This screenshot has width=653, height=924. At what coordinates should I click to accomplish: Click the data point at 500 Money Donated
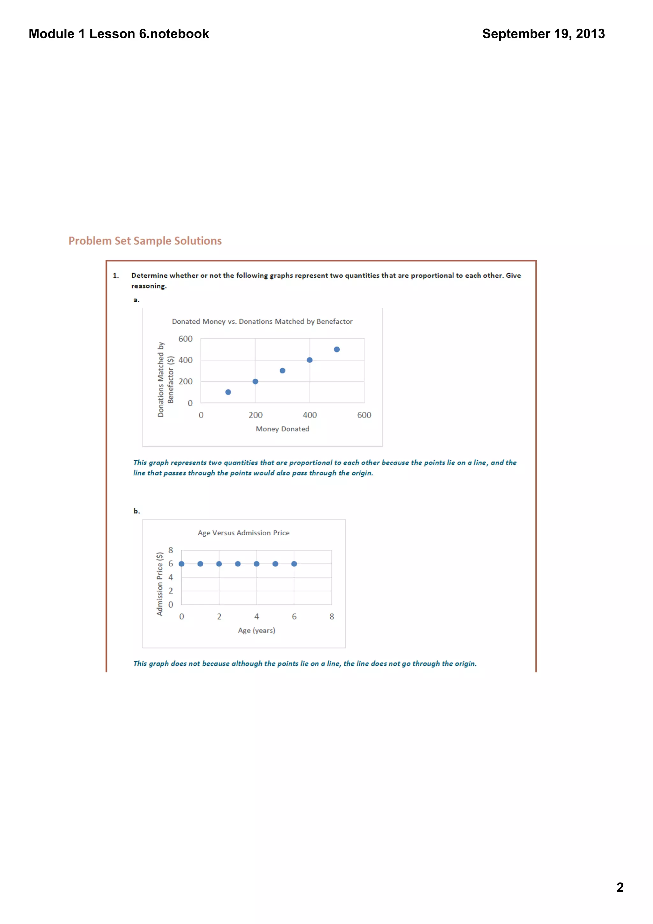point(337,349)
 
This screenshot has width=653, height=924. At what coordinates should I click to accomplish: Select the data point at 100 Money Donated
point(228,392)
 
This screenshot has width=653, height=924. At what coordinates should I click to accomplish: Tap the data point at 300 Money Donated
point(282,370)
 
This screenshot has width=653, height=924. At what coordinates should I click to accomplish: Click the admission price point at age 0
point(181,564)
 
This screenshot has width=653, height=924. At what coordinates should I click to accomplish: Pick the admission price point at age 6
point(294,564)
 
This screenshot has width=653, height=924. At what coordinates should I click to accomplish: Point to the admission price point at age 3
point(238,564)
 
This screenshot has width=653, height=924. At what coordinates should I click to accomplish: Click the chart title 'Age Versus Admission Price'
point(243,533)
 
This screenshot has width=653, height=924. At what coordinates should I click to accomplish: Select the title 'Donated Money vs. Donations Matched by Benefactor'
point(262,321)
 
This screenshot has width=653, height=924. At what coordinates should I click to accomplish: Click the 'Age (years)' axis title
point(256,630)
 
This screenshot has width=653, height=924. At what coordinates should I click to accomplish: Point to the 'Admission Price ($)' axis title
point(160,583)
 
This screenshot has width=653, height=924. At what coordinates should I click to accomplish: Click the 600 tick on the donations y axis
point(186,339)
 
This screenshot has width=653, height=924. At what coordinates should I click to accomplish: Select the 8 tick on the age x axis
point(332,617)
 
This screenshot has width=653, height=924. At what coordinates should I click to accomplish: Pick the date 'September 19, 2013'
point(543,34)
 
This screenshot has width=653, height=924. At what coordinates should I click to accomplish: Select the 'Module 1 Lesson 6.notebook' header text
point(119,34)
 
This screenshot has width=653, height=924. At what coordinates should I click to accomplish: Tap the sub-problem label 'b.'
point(137,511)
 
